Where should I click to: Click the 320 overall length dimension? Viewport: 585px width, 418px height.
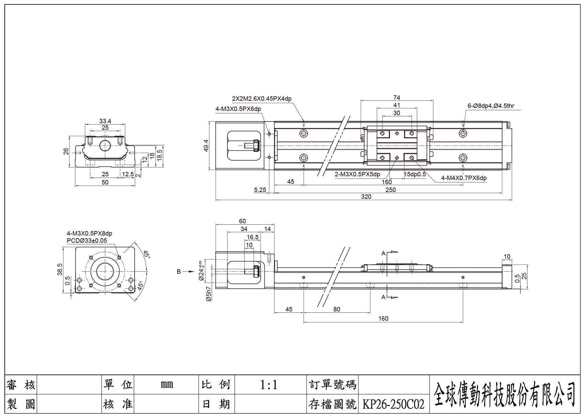pyautogui.click(x=366, y=197)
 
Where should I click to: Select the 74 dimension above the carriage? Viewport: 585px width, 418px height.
pyautogui.click(x=397, y=98)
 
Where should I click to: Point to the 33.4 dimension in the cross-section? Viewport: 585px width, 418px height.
pyautogui.click(x=105, y=121)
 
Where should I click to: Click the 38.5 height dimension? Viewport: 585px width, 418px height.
pyautogui.click(x=60, y=269)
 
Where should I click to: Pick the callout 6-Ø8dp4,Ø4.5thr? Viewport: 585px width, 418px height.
pyautogui.click(x=491, y=106)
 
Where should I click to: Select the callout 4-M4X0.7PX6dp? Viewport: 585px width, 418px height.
pyautogui.click(x=464, y=178)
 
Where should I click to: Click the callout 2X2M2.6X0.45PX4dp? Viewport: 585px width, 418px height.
pyautogui.click(x=262, y=99)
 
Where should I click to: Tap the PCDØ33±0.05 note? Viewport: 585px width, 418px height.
pyautogui.click(x=87, y=241)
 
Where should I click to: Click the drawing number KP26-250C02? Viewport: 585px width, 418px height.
pyautogui.click(x=393, y=404)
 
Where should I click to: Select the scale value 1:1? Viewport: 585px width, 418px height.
pyautogui.click(x=269, y=385)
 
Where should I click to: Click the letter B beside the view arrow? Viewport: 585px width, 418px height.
pyautogui.click(x=179, y=272)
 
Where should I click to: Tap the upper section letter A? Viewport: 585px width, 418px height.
pyautogui.click(x=383, y=253)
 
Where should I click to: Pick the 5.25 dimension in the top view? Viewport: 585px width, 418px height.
pyautogui.click(x=260, y=190)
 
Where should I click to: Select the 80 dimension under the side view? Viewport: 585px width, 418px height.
pyautogui.click(x=337, y=309)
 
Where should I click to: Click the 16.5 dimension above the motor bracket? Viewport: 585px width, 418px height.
pyautogui.click(x=252, y=237)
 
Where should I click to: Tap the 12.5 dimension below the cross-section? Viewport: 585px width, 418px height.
pyautogui.click(x=128, y=174)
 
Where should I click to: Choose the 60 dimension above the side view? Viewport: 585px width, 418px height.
pyautogui.click(x=242, y=221)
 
